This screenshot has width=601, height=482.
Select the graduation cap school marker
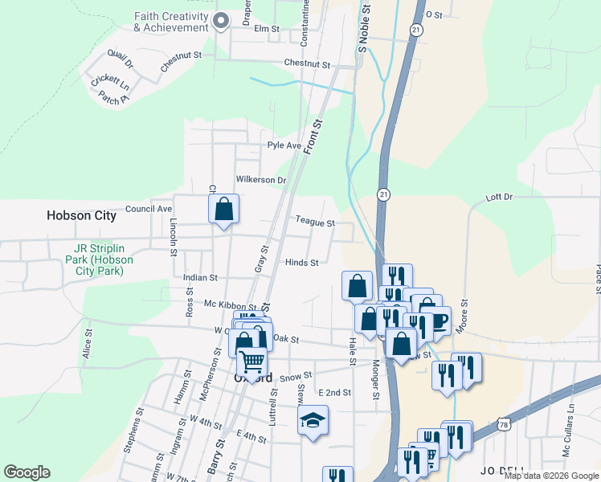tap(312, 420)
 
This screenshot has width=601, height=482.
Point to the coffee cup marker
tap(439, 321)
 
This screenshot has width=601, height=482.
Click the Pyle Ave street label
tap(284, 146)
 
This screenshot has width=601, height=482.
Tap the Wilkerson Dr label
tap(260, 180)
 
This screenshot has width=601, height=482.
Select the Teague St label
tap(314, 223)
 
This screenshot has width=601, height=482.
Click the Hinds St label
tap(302, 263)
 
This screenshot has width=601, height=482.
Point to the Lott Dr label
tap(499, 198)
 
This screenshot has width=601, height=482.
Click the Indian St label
tap(200, 278)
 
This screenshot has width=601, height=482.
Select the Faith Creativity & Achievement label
tap(171, 22)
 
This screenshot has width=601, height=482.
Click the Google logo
tap(27, 472)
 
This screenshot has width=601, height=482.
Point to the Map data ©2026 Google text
tap(550, 476)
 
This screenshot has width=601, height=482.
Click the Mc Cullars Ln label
tap(570, 440)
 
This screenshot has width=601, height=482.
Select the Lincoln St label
tap(174, 239)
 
